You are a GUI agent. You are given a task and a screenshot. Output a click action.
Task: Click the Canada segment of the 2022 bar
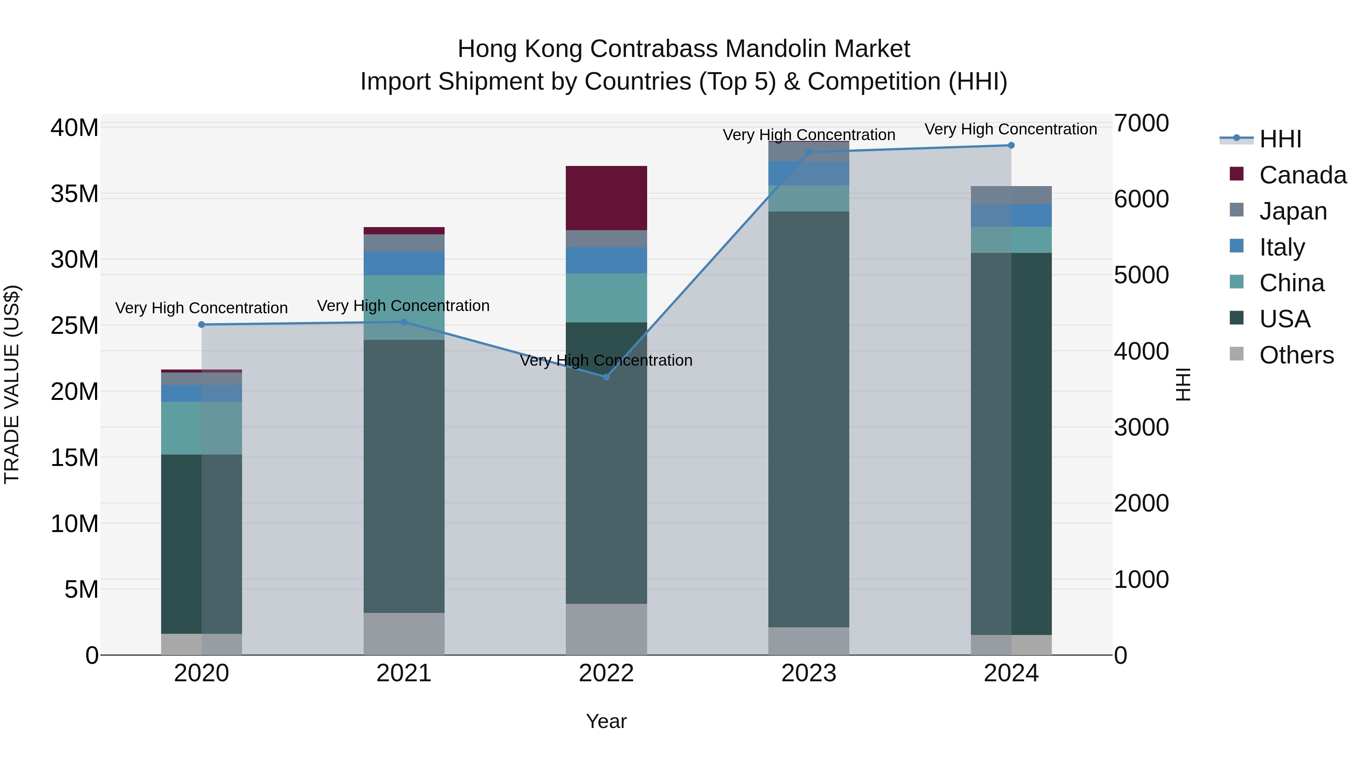pos(606,198)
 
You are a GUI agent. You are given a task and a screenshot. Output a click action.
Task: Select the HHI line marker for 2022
pos(606,377)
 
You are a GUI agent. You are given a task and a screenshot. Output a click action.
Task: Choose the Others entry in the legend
pos(1296,355)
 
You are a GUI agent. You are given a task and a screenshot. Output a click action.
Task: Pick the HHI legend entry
pos(1280,139)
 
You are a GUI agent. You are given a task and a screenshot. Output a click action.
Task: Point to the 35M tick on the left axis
pos(74,194)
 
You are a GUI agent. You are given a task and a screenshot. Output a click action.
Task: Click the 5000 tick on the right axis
pos(1141,275)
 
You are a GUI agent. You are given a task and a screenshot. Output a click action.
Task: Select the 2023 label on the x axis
pos(808,673)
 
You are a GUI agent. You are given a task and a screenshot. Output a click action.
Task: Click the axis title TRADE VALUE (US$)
pos(12,384)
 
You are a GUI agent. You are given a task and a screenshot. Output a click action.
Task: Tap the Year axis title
pos(606,721)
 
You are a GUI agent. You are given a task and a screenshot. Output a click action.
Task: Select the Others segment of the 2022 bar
pos(606,629)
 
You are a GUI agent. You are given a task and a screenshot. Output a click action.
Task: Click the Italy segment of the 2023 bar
pos(808,174)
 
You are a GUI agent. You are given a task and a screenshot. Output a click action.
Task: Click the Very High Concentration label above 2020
pos(201,308)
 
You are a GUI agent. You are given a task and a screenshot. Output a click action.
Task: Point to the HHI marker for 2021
pos(404,322)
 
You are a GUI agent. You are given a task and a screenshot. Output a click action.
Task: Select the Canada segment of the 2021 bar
pos(404,231)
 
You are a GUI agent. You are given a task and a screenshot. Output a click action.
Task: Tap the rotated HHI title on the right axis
pos(1183,384)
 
